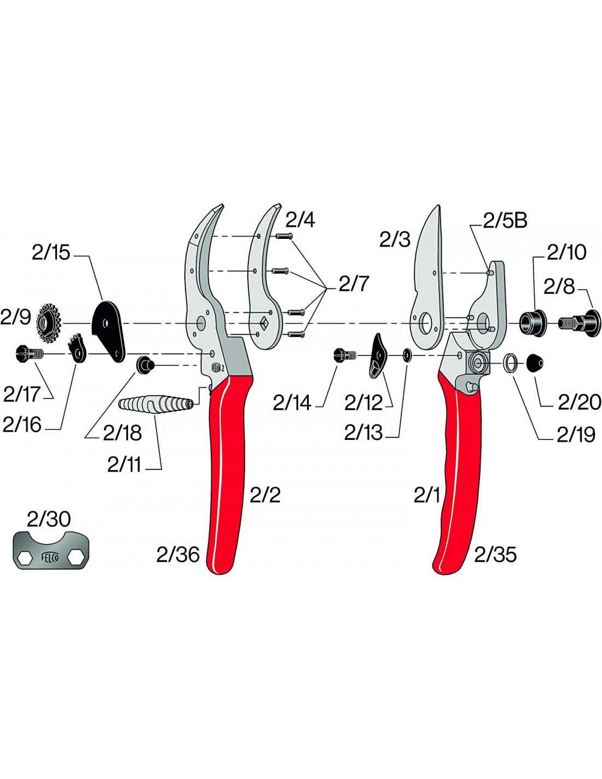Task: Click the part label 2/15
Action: tap(51, 253)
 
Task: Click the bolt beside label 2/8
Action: tap(581, 323)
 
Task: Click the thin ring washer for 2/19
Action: tap(511, 363)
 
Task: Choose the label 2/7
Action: tap(354, 284)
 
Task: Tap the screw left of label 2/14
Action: tap(344, 356)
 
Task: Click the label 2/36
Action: tap(178, 554)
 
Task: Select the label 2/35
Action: tap(495, 554)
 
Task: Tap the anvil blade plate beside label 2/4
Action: tap(263, 285)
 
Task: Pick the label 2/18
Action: tap(122, 433)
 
